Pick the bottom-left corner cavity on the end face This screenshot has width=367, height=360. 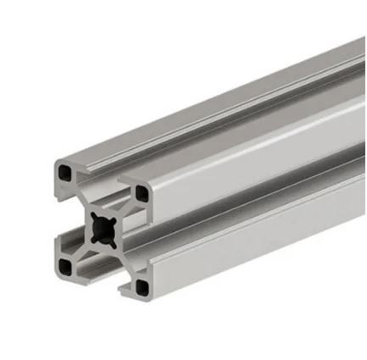tap(66, 268)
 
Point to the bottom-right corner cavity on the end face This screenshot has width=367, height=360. tap(140, 288)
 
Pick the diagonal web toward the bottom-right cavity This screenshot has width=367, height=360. tap(123, 259)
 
